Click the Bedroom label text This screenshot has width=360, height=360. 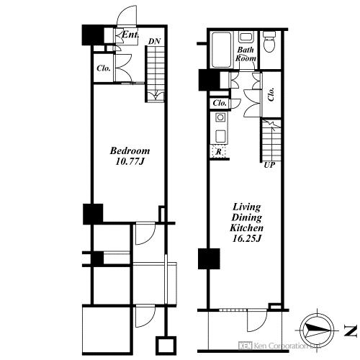point(130,150)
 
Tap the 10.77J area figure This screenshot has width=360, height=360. point(130,161)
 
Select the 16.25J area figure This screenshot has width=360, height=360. point(247,238)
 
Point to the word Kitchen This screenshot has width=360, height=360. point(247,228)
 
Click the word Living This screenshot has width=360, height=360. point(247,207)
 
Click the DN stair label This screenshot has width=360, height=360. point(154,41)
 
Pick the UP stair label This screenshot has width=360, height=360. point(269,165)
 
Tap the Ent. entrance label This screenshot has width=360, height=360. point(130,35)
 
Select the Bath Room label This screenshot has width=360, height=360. point(246,54)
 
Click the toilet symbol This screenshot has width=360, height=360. point(270,42)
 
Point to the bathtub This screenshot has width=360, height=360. point(221,50)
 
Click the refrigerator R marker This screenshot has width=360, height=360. point(219,152)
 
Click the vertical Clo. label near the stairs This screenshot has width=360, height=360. point(271,94)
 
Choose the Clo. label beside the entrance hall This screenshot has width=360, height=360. point(104,68)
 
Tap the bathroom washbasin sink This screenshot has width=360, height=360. point(245,37)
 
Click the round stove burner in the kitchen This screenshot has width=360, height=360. point(220,117)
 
